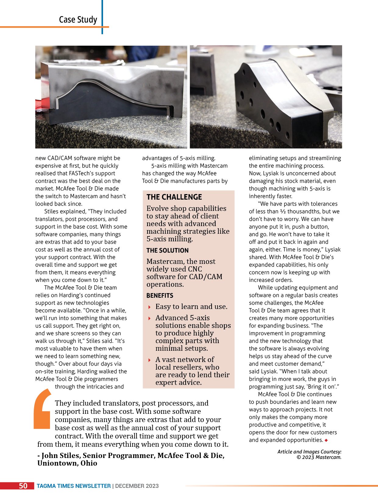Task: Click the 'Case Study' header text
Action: (x=78, y=20)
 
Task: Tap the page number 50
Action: (x=23, y=486)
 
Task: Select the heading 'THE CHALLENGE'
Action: (x=174, y=197)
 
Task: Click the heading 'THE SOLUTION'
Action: (x=167, y=250)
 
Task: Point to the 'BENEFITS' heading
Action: (x=160, y=296)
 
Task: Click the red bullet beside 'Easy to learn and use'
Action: (x=149, y=307)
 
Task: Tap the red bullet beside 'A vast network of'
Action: (x=149, y=360)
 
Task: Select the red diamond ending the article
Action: (x=326, y=440)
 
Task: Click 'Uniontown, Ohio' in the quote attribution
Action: (x=67, y=463)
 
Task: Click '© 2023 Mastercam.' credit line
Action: (x=319, y=457)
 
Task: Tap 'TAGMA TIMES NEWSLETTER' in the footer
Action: (x=74, y=486)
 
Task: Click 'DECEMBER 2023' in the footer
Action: (x=137, y=486)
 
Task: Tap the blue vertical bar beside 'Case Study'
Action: (x=102, y=17)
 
